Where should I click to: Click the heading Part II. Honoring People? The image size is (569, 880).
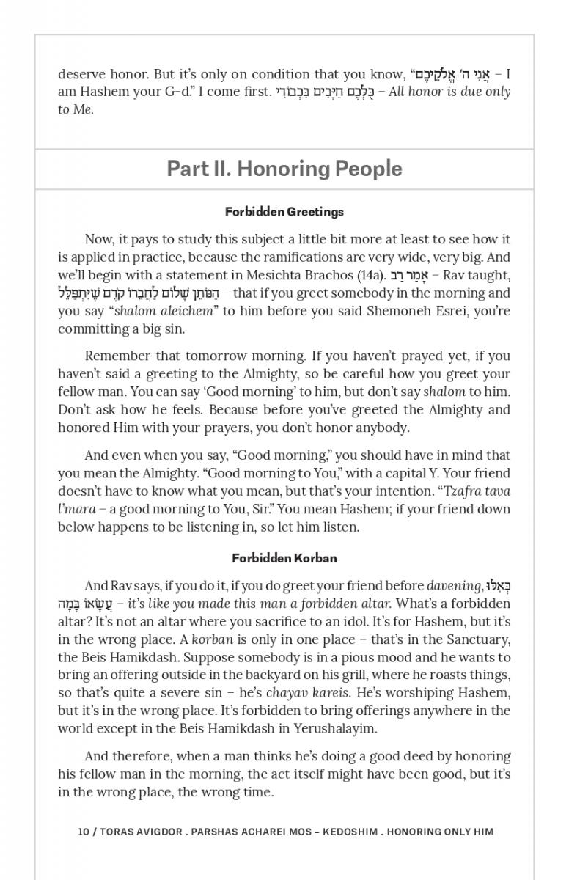click(284, 169)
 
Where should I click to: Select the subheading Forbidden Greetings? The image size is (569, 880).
click(284, 212)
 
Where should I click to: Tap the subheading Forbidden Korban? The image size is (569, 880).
click(284, 558)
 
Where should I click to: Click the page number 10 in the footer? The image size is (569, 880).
click(84, 832)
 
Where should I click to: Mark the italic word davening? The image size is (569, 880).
click(454, 586)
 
